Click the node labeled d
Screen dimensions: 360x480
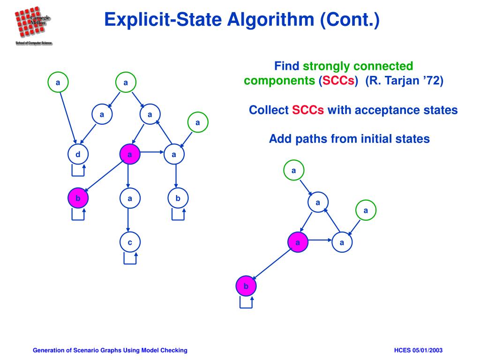click(x=78, y=154)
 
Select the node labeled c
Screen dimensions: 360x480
click(x=130, y=242)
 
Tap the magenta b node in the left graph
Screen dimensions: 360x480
click(x=78, y=198)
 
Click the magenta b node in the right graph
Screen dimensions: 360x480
click(x=246, y=286)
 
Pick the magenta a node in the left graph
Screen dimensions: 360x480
click(x=130, y=154)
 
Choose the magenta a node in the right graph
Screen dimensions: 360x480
click(x=297, y=242)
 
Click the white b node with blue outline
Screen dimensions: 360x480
click(x=178, y=198)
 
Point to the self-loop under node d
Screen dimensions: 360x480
click(x=78, y=170)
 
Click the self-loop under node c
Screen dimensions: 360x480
click(x=130, y=258)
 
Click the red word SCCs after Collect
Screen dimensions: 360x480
click(x=308, y=110)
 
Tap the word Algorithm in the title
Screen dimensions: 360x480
click(x=269, y=20)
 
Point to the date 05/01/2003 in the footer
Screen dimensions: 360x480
click(x=427, y=351)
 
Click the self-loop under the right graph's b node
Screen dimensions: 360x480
click(x=247, y=302)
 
